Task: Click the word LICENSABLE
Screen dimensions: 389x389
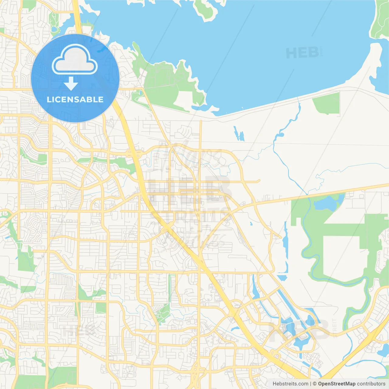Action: pos(75,100)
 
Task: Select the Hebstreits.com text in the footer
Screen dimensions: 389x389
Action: pos(290,384)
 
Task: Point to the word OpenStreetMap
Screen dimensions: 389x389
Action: pos(337,384)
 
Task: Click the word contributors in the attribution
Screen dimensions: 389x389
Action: pos(371,384)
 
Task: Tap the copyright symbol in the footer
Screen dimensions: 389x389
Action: pos(315,384)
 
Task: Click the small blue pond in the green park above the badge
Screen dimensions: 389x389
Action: pos(55,29)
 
